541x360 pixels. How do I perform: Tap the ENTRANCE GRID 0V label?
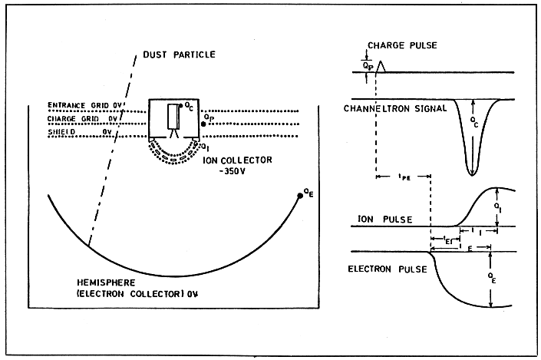click(82, 106)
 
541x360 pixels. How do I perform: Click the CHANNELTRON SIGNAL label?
click(395, 109)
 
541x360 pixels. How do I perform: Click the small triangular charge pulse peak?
click(381, 66)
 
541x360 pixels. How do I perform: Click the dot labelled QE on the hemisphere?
click(298, 197)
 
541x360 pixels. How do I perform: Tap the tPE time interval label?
click(402, 177)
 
